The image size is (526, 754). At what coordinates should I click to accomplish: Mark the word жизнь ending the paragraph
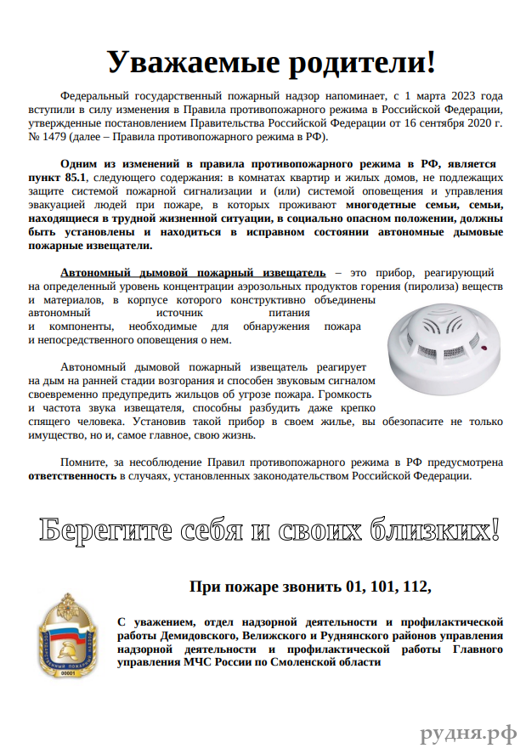(x=235, y=434)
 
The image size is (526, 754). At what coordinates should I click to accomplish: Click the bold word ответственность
(x=72, y=476)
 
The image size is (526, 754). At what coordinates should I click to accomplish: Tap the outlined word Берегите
(x=95, y=530)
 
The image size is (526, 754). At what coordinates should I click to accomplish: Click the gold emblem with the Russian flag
(x=66, y=637)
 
